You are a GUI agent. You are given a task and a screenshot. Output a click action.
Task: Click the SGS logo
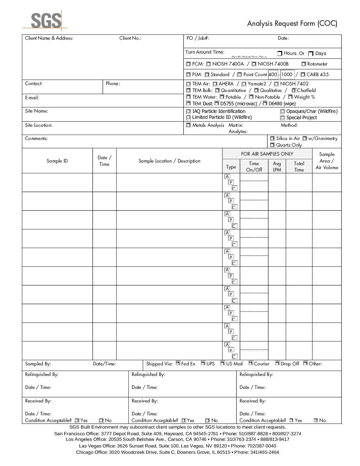46,20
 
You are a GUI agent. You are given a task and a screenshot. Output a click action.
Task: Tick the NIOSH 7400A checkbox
208,64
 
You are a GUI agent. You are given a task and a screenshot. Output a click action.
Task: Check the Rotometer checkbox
304,64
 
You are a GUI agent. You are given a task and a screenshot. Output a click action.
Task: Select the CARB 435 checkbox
303,74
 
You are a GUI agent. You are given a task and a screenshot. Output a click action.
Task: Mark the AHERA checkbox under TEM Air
215,84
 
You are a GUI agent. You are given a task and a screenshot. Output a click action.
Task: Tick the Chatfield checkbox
293,90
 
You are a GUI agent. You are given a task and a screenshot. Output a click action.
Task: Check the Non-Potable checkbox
251,97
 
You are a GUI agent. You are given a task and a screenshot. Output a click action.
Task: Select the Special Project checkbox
283,118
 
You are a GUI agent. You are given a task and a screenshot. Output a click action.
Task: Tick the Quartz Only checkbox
272,145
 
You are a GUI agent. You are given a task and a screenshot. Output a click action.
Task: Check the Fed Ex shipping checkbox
178,363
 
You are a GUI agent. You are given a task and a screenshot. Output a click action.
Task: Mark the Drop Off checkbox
278,363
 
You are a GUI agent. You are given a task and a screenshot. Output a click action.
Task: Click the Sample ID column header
57,161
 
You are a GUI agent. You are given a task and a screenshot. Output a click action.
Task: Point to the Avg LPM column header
277,166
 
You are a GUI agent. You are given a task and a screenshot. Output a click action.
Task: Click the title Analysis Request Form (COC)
292,23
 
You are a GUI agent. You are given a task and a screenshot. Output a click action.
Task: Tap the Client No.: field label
130,38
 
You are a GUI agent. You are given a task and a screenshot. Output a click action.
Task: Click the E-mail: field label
32,98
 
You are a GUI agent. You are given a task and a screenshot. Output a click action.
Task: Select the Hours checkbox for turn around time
280,54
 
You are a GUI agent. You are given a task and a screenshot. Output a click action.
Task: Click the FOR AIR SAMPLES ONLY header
267,154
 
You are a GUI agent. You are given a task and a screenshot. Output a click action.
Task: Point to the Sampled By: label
38,364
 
